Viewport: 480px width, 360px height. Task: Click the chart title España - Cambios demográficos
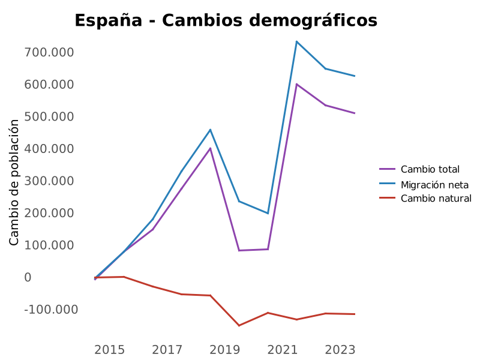pyautogui.click(x=226, y=20)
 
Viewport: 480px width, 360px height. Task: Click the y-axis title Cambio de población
pyautogui.click(x=14, y=182)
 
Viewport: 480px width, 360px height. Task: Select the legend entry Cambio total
pyautogui.click(x=430, y=169)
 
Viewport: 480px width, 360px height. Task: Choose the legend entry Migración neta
pyautogui.click(x=434, y=184)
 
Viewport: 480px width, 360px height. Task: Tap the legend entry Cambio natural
pyautogui.click(x=436, y=199)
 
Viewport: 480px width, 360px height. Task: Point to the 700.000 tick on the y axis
pyautogui.click(x=49, y=53)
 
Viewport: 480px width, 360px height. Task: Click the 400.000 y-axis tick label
pyautogui.click(x=49, y=149)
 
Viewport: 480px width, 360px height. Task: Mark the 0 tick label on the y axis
pyautogui.click(x=28, y=277)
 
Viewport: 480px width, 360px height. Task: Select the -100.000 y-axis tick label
pyautogui.click(x=51, y=310)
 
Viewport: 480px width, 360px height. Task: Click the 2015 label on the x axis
pyautogui.click(x=110, y=350)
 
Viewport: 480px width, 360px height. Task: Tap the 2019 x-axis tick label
pyautogui.click(x=225, y=350)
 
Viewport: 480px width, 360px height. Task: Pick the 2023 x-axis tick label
pyautogui.click(x=340, y=350)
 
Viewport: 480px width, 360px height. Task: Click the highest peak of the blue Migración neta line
pyautogui.click(x=296, y=41)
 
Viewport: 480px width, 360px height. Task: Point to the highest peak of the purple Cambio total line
pyautogui.click(x=296, y=84)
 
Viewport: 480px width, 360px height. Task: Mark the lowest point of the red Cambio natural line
pyautogui.click(x=239, y=326)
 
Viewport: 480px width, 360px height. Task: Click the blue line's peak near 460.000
pyautogui.click(x=210, y=130)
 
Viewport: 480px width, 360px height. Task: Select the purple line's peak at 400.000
pyautogui.click(x=210, y=148)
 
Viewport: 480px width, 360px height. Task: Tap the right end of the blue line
pyautogui.click(x=355, y=76)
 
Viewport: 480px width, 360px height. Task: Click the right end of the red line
pyautogui.click(x=355, y=314)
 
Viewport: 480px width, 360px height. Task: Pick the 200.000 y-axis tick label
pyautogui.click(x=49, y=213)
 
